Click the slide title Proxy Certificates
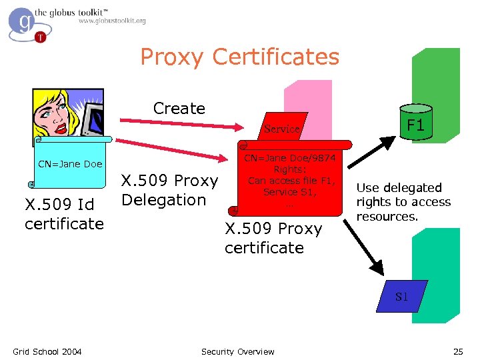point(239,57)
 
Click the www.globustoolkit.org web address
point(112,21)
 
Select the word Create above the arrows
point(179,108)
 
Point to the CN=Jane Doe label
point(70,164)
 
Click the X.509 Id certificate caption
point(64,214)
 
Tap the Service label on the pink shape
point(282,129)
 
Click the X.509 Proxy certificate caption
point(273,238)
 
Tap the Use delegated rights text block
point(403,202)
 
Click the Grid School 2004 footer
point(47,351)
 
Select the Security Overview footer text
point(237,351)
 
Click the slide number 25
point(457,351)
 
